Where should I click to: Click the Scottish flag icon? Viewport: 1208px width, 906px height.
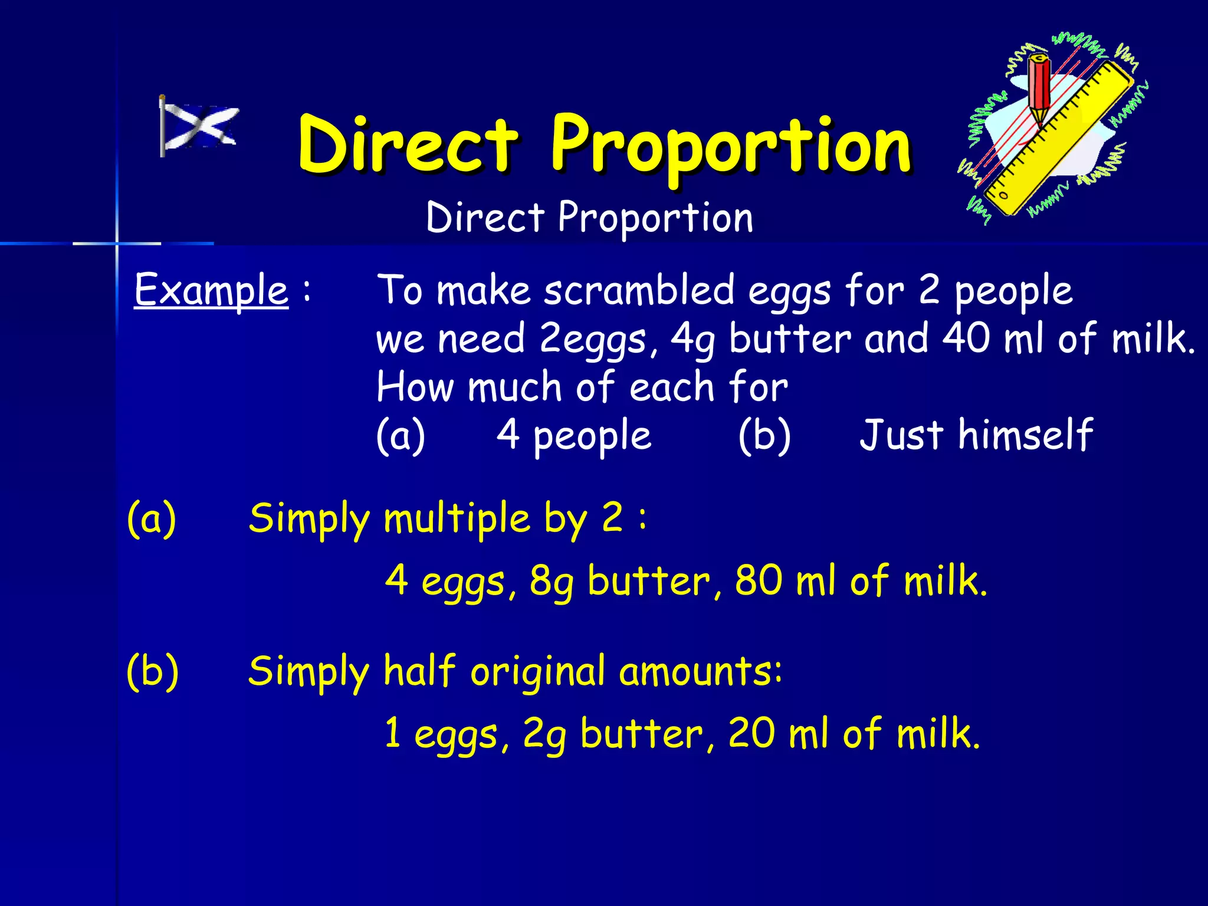199,126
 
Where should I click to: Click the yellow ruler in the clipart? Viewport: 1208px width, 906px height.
1062,139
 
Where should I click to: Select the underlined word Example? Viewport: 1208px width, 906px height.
211,290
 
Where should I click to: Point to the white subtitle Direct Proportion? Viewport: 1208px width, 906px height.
589,217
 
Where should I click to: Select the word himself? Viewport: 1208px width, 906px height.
1026,435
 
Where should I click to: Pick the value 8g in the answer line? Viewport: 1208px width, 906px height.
552,581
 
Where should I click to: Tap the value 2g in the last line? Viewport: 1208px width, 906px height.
544,734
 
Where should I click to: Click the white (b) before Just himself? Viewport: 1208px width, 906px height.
764,435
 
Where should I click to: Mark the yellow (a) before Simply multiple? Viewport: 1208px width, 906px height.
152,518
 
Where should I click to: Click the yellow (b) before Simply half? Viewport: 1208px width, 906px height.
153,671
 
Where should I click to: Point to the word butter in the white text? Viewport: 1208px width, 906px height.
790,339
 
